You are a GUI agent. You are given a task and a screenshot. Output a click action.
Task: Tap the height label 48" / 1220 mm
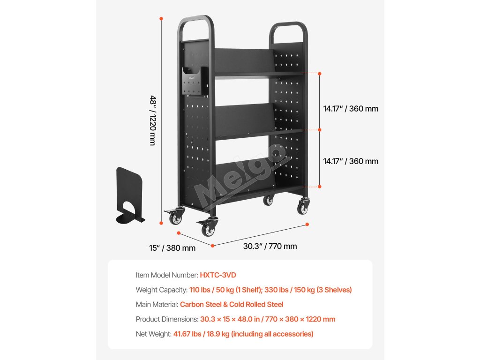[x=153, y=120]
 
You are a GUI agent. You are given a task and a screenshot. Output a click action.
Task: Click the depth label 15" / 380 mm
[x=172, y=248]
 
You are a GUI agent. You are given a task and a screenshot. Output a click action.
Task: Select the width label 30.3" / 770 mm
[x=270, y=246]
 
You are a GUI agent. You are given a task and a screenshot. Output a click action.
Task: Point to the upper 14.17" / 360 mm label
[x=351, y=109]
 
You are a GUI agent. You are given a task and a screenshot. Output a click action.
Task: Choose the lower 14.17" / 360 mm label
[x=351, y=161]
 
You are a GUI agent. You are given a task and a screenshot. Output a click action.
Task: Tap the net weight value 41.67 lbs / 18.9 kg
[x=243, y=334]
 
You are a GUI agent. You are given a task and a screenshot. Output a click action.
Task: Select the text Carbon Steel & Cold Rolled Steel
[x=232, y=304]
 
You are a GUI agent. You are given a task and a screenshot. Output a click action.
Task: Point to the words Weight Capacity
[x=162, y=290]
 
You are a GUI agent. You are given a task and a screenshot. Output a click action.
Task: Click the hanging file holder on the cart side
[x=194, y=81]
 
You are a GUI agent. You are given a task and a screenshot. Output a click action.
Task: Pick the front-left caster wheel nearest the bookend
[x=177, y=217]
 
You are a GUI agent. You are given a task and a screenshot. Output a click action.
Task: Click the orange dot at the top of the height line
[x=161, y=19]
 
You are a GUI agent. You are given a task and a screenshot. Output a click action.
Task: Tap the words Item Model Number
[x=166, y=275]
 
